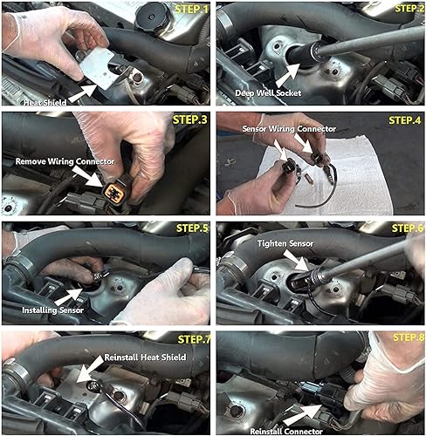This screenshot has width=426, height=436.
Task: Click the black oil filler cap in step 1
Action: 145,17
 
